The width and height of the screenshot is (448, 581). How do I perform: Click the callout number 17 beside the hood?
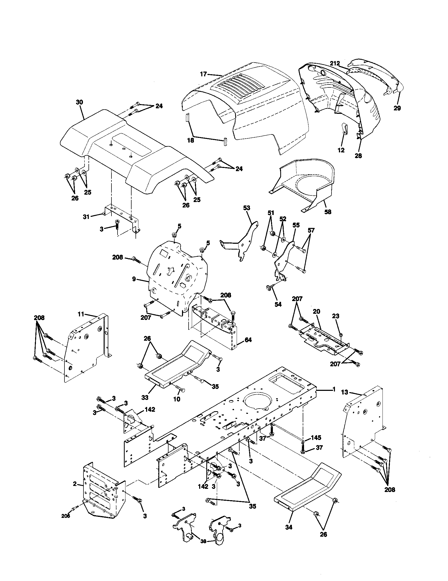click(x=203, y=74)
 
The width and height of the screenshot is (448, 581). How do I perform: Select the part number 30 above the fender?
click(x=79, y=102)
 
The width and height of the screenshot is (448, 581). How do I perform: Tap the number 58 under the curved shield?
click(x=328, y=212)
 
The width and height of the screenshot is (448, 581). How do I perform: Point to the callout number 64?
click(x=248, y=340)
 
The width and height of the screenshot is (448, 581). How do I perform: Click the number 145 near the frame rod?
click(x=316, y=437)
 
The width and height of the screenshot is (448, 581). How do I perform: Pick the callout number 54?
click(x=278, y=304)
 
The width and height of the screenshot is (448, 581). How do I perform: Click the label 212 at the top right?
click(x=335, y=63)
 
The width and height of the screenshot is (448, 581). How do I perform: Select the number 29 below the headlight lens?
click(x=397, y=108)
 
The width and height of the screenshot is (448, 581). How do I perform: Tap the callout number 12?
click(x=341, y=150)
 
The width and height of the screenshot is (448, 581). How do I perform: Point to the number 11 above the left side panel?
click(x=81, y=315)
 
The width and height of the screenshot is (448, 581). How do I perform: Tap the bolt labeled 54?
click(x=268, y=288)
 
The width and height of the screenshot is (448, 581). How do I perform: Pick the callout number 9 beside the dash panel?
click(x=134, y=279)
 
